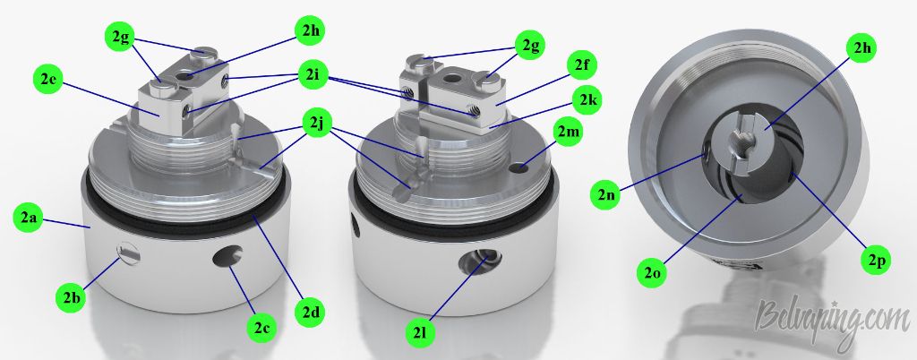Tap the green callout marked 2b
(72, 298)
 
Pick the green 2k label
(587, 100)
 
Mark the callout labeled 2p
(876, 261)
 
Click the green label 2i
(313, 74)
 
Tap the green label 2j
(316, 124)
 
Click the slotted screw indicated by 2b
(129, 253)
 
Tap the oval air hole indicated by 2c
(228, 256)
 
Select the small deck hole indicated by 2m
(517, 168)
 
